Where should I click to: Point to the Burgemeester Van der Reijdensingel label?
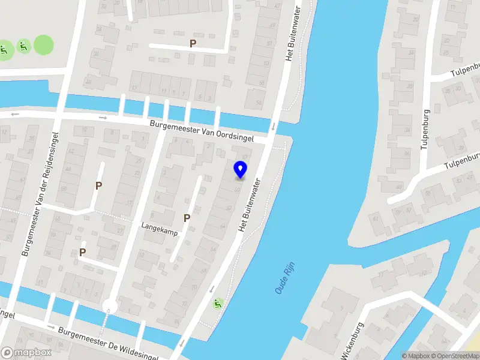coord(41,194)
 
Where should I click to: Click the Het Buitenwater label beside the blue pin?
coord(251,205)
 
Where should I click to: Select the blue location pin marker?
coord(241,170)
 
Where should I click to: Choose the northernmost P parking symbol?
coord(193,43)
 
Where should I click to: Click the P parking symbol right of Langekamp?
coord(187,218)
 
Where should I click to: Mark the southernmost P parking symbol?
coord(82,253)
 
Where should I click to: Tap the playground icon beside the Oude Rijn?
coord(217,304)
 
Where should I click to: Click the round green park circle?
coord(43,44)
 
